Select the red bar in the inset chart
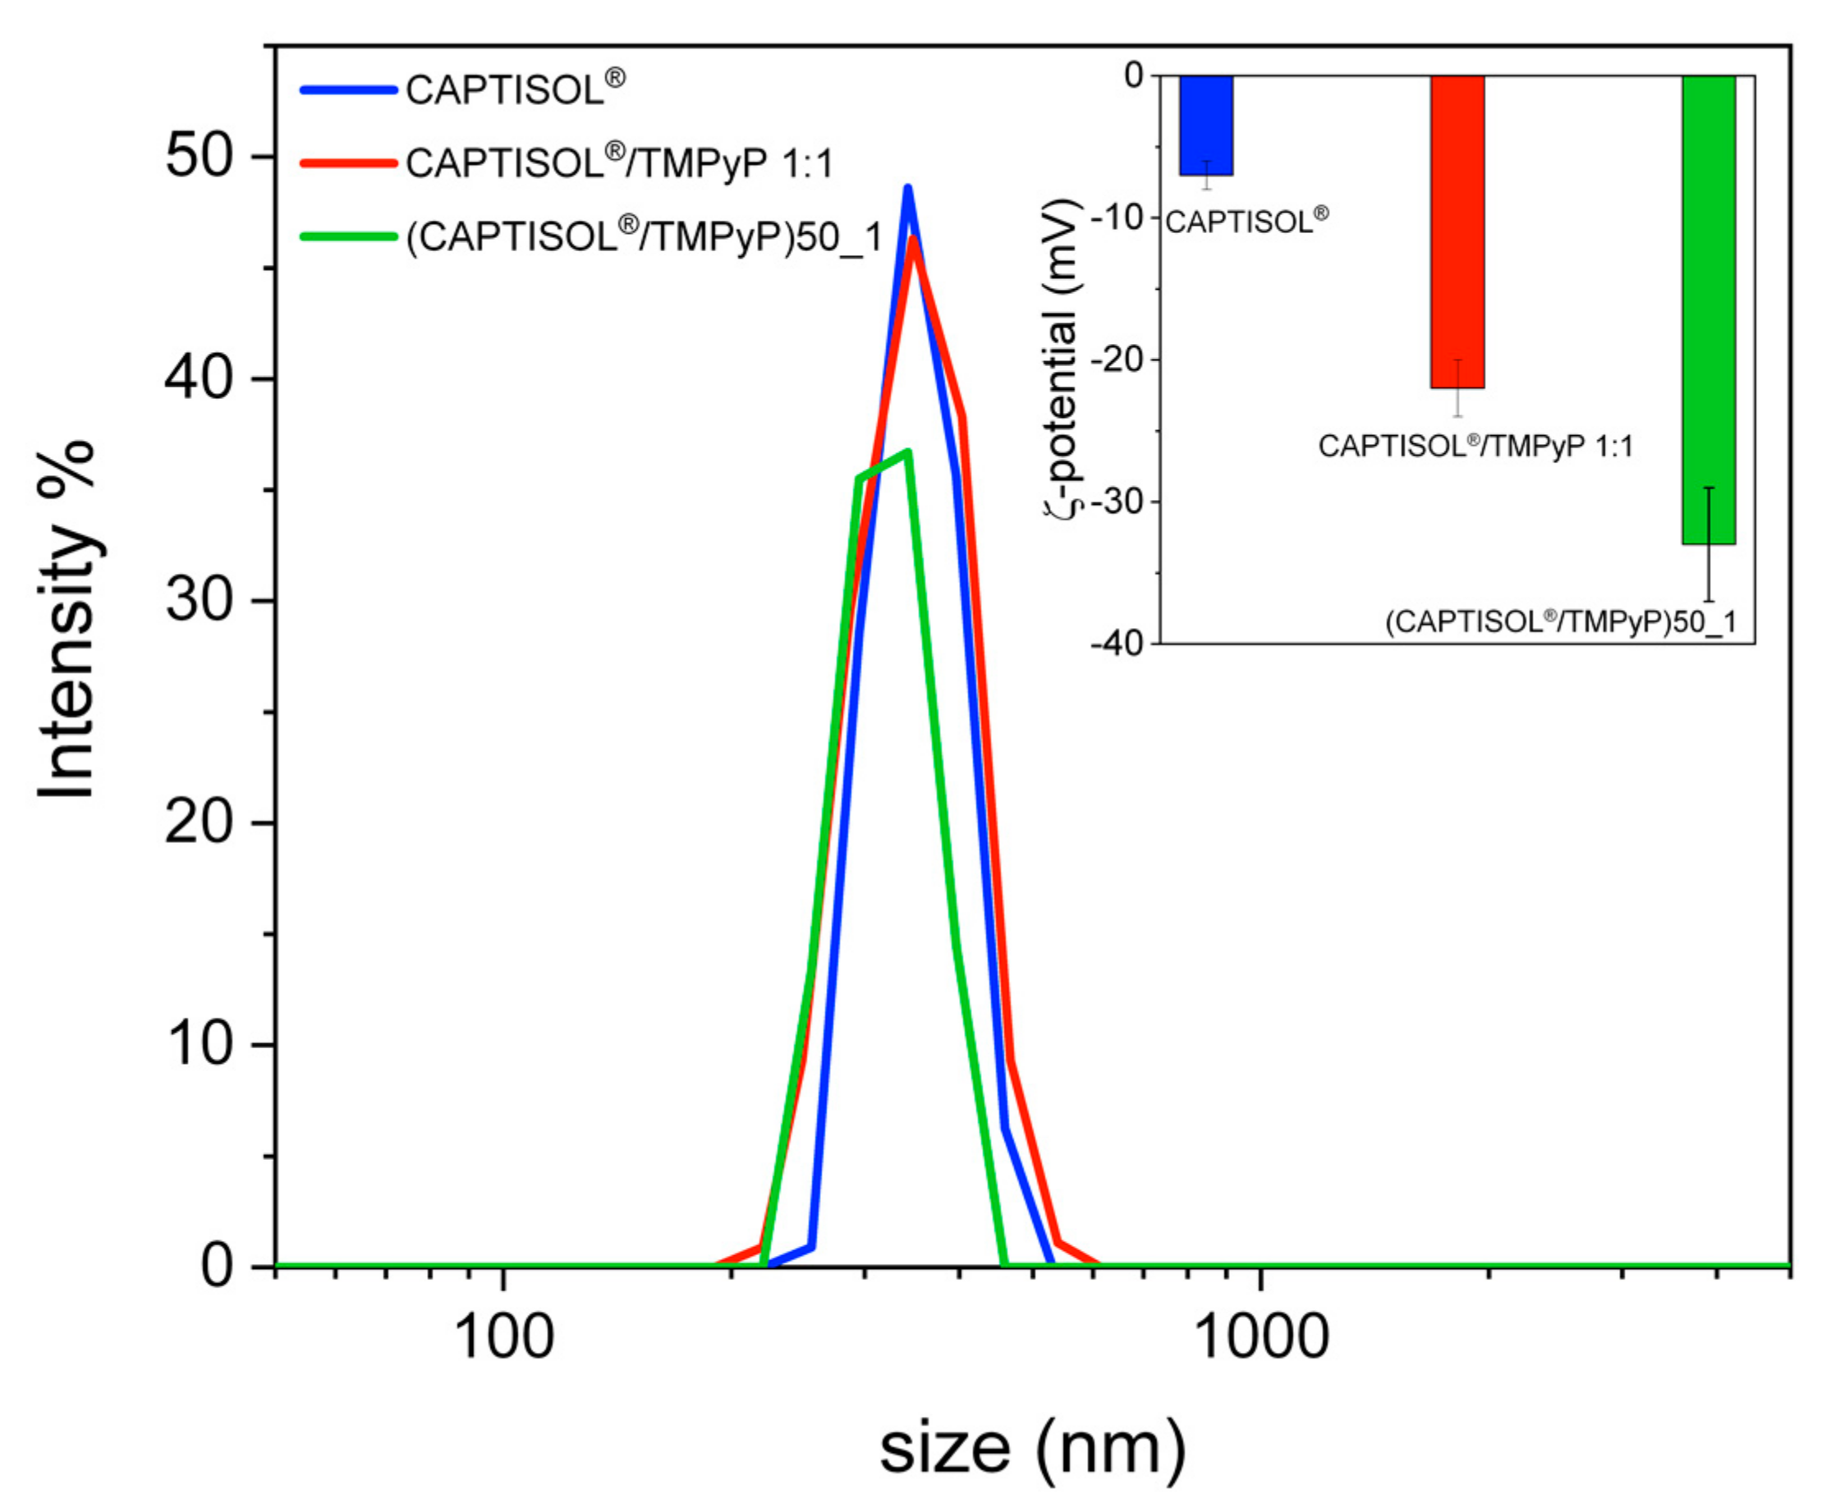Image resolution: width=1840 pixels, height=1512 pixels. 1457,231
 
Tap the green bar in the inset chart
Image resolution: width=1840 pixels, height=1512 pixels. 1709,309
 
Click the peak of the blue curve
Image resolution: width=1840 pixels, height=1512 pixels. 907,187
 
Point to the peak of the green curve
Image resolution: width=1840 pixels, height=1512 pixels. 908,451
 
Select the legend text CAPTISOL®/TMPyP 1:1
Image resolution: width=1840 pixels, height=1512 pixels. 619,163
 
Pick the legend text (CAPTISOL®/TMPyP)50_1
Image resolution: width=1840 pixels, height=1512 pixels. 645,236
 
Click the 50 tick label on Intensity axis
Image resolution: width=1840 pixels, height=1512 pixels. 200,157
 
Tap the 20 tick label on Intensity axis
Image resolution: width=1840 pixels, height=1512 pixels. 200,822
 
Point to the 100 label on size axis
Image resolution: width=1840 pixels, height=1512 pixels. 503,1339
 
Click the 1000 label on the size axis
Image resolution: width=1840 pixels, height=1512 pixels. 1260,1339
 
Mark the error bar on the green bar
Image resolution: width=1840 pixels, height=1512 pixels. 1709,544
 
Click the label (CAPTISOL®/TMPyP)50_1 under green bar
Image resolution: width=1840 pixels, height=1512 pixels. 1560,622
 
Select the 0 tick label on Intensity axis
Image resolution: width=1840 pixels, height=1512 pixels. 218,1267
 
